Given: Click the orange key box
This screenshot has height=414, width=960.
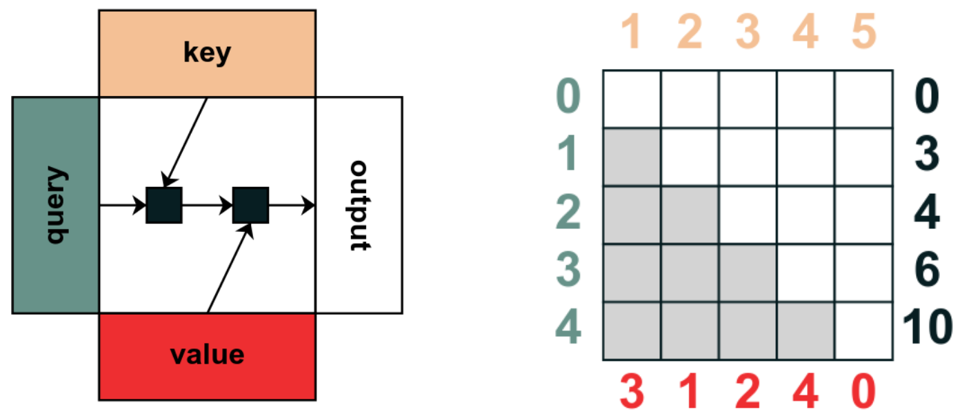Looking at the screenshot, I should [207, 53].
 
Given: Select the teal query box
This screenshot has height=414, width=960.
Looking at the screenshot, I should [56, 205].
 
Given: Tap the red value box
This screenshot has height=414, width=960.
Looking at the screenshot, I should [207, 355].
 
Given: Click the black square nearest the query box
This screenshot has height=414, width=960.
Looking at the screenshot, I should [164, 205].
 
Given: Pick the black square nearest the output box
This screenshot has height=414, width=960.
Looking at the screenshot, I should [250, 205].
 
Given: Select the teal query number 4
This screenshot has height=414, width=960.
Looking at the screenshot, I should [569, 330].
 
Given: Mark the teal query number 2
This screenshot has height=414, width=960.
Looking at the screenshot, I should [569, 214].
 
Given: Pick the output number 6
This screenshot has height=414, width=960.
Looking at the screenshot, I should [926, 272].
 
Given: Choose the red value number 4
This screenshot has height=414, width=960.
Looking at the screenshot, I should [806, 392].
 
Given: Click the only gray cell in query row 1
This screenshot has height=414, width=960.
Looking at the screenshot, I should [632, 157].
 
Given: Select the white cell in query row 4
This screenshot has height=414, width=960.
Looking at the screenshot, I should [863, 331].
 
